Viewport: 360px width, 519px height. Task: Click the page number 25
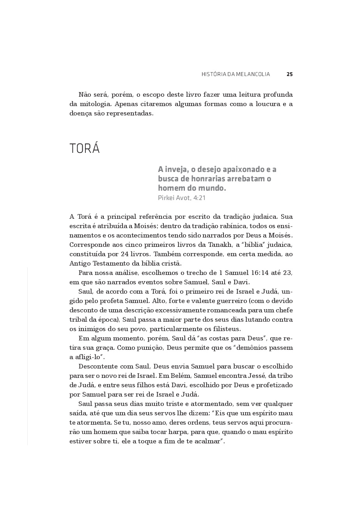289,74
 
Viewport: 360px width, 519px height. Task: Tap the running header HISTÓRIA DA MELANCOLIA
236,74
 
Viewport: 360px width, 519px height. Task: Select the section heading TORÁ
85,149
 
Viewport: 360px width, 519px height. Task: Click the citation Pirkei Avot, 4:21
182,198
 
